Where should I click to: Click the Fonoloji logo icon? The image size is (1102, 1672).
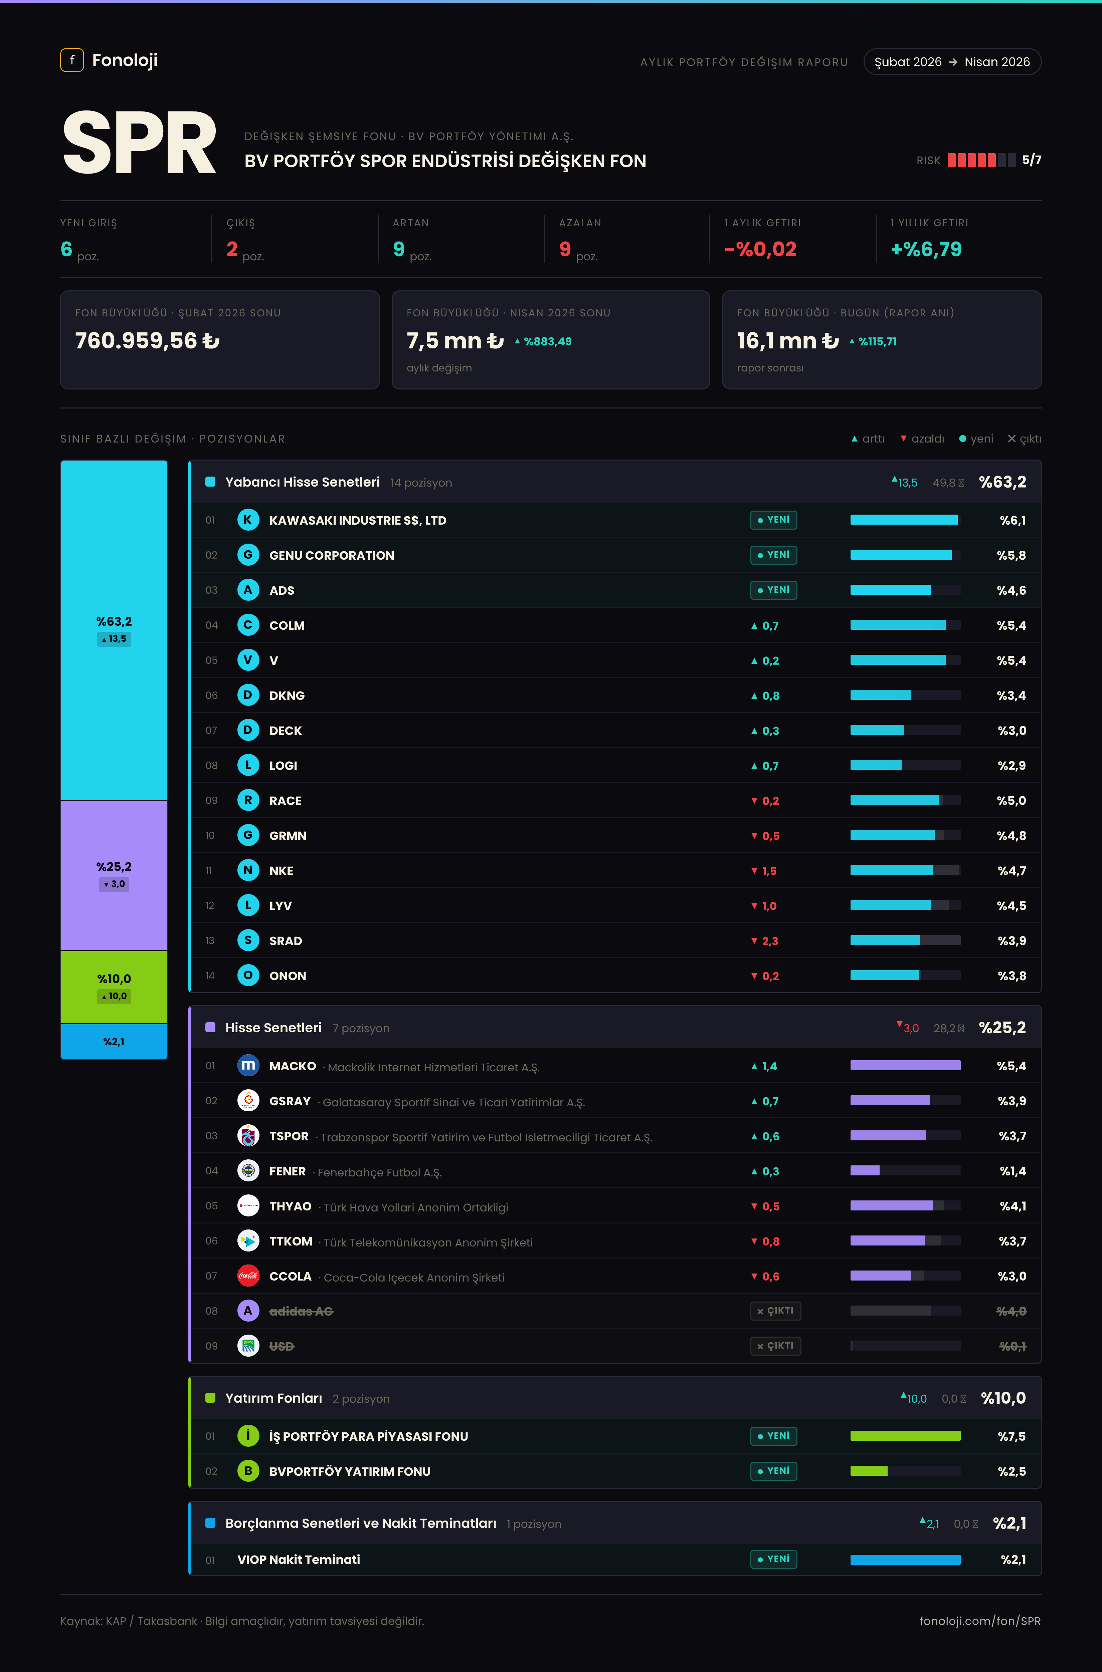[72, 60]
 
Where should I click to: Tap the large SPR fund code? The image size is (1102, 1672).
[139, 143]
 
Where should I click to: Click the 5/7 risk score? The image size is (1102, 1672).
[1031, 160]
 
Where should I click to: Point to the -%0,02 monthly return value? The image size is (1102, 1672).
[760, 249]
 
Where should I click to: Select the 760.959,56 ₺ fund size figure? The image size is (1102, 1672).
[148, 341]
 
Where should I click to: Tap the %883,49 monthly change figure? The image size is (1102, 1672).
[543, 341]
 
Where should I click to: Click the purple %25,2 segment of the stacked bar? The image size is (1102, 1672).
[114, 875]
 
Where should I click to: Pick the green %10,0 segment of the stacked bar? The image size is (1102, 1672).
[114, 987]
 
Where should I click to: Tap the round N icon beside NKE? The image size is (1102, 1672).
[248, 870]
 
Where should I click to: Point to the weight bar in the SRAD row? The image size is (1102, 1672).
[905, 941]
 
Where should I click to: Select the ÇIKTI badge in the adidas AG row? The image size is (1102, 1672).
[775, 1311]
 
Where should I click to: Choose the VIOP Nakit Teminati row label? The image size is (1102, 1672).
[299, 1560]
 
